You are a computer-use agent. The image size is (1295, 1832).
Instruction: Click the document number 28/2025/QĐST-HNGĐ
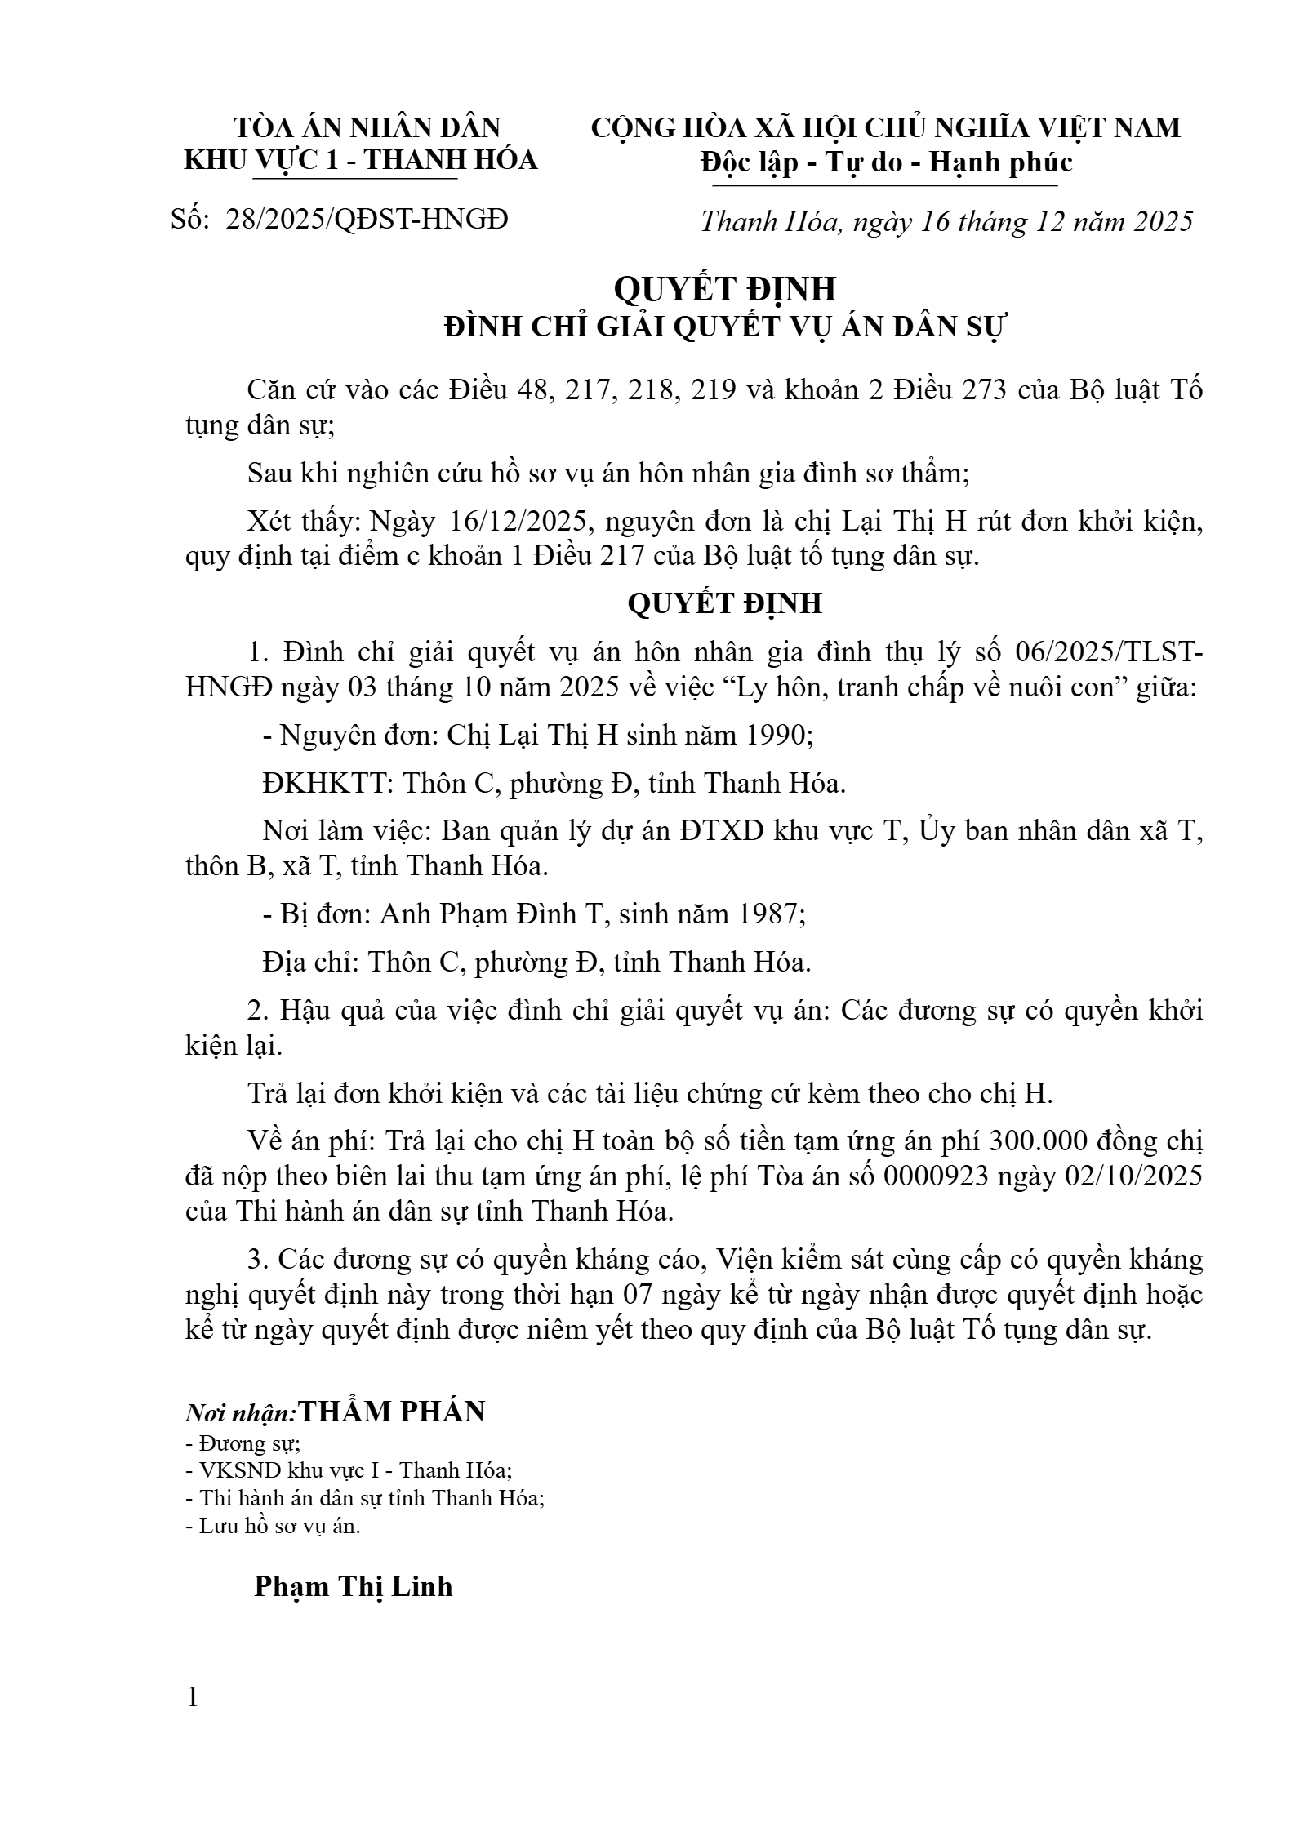367,219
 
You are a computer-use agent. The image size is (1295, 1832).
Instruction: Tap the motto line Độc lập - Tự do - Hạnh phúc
885,162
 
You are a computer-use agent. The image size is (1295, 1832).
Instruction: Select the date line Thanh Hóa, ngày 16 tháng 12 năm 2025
946,221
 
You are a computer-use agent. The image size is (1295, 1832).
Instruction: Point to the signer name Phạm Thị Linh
353,1586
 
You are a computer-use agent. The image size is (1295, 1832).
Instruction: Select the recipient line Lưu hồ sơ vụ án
273,1526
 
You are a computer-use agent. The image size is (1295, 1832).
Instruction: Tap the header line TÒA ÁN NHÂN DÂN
367,127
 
